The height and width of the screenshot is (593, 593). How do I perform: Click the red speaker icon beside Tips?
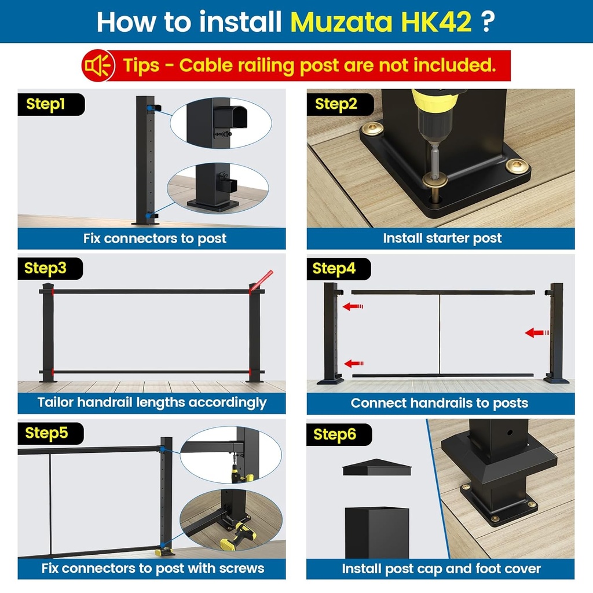(x=96, y=65)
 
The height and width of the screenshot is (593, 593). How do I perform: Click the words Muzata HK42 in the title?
(x=380, y=21)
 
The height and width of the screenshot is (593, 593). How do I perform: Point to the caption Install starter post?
(x=442, y=238)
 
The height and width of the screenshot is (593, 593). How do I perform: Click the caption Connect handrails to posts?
(x=440, y=403)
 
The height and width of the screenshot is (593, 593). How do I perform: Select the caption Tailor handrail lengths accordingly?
(x=152, y=402)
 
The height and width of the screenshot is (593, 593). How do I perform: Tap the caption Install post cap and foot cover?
(x=441, y=569)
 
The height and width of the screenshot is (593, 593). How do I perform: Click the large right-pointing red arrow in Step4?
(x=537, y=332)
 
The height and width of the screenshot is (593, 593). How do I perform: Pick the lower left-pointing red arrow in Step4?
(x=353, y=364)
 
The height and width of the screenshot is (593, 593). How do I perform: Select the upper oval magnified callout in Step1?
(x=221, y=123)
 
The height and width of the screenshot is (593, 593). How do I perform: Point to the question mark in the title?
(x=488, y=21)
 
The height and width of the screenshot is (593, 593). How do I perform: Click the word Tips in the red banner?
(x=141, y=65)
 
